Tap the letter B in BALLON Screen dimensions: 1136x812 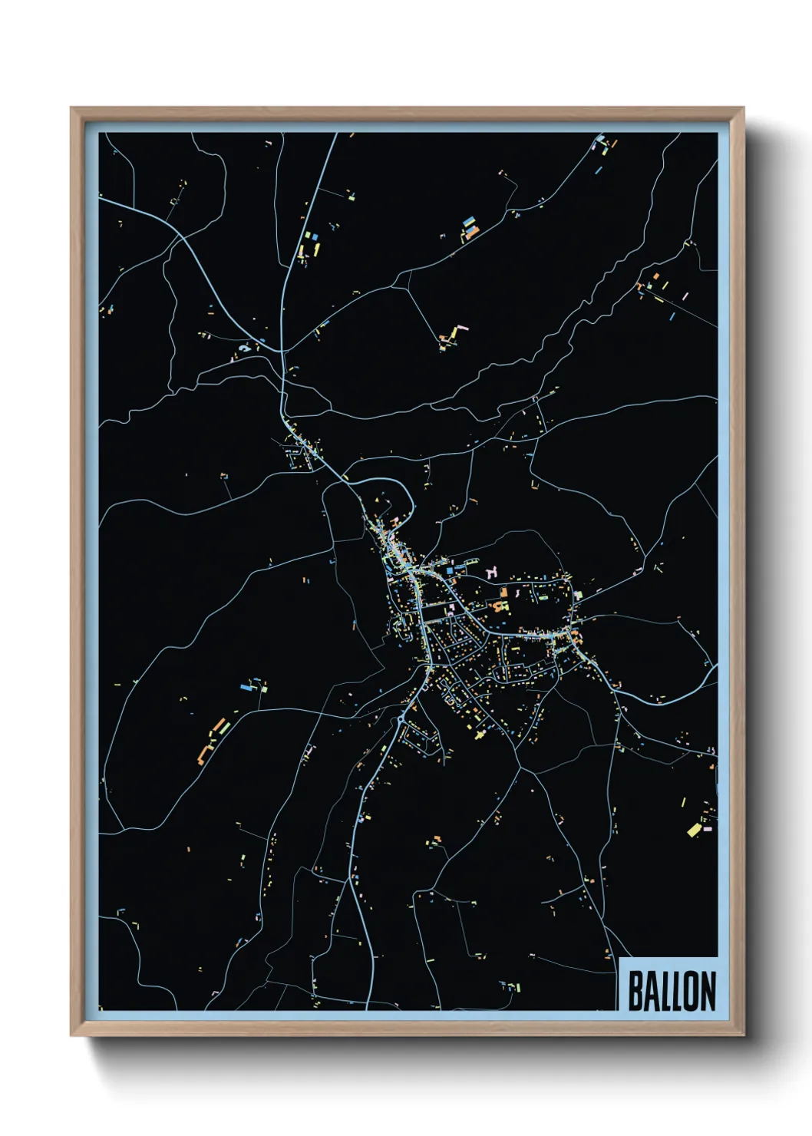click(x=635, y=991)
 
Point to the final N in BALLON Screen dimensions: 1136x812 click(x=708, y=991)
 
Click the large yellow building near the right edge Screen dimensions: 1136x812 click(x=694, y=830)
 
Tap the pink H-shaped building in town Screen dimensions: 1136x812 click(x=492, y=571)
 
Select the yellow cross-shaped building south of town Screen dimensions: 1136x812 click(x=480, y=733)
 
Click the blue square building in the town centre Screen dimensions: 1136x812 click(x=449, y=571)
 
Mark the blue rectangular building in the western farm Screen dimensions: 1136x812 click(x=247, y=687)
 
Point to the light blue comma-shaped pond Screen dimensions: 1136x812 click(x=244, y=348)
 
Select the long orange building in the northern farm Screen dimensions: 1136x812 click(x=471, y=231)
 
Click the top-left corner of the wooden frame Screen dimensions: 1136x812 click(x=71, y=108)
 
